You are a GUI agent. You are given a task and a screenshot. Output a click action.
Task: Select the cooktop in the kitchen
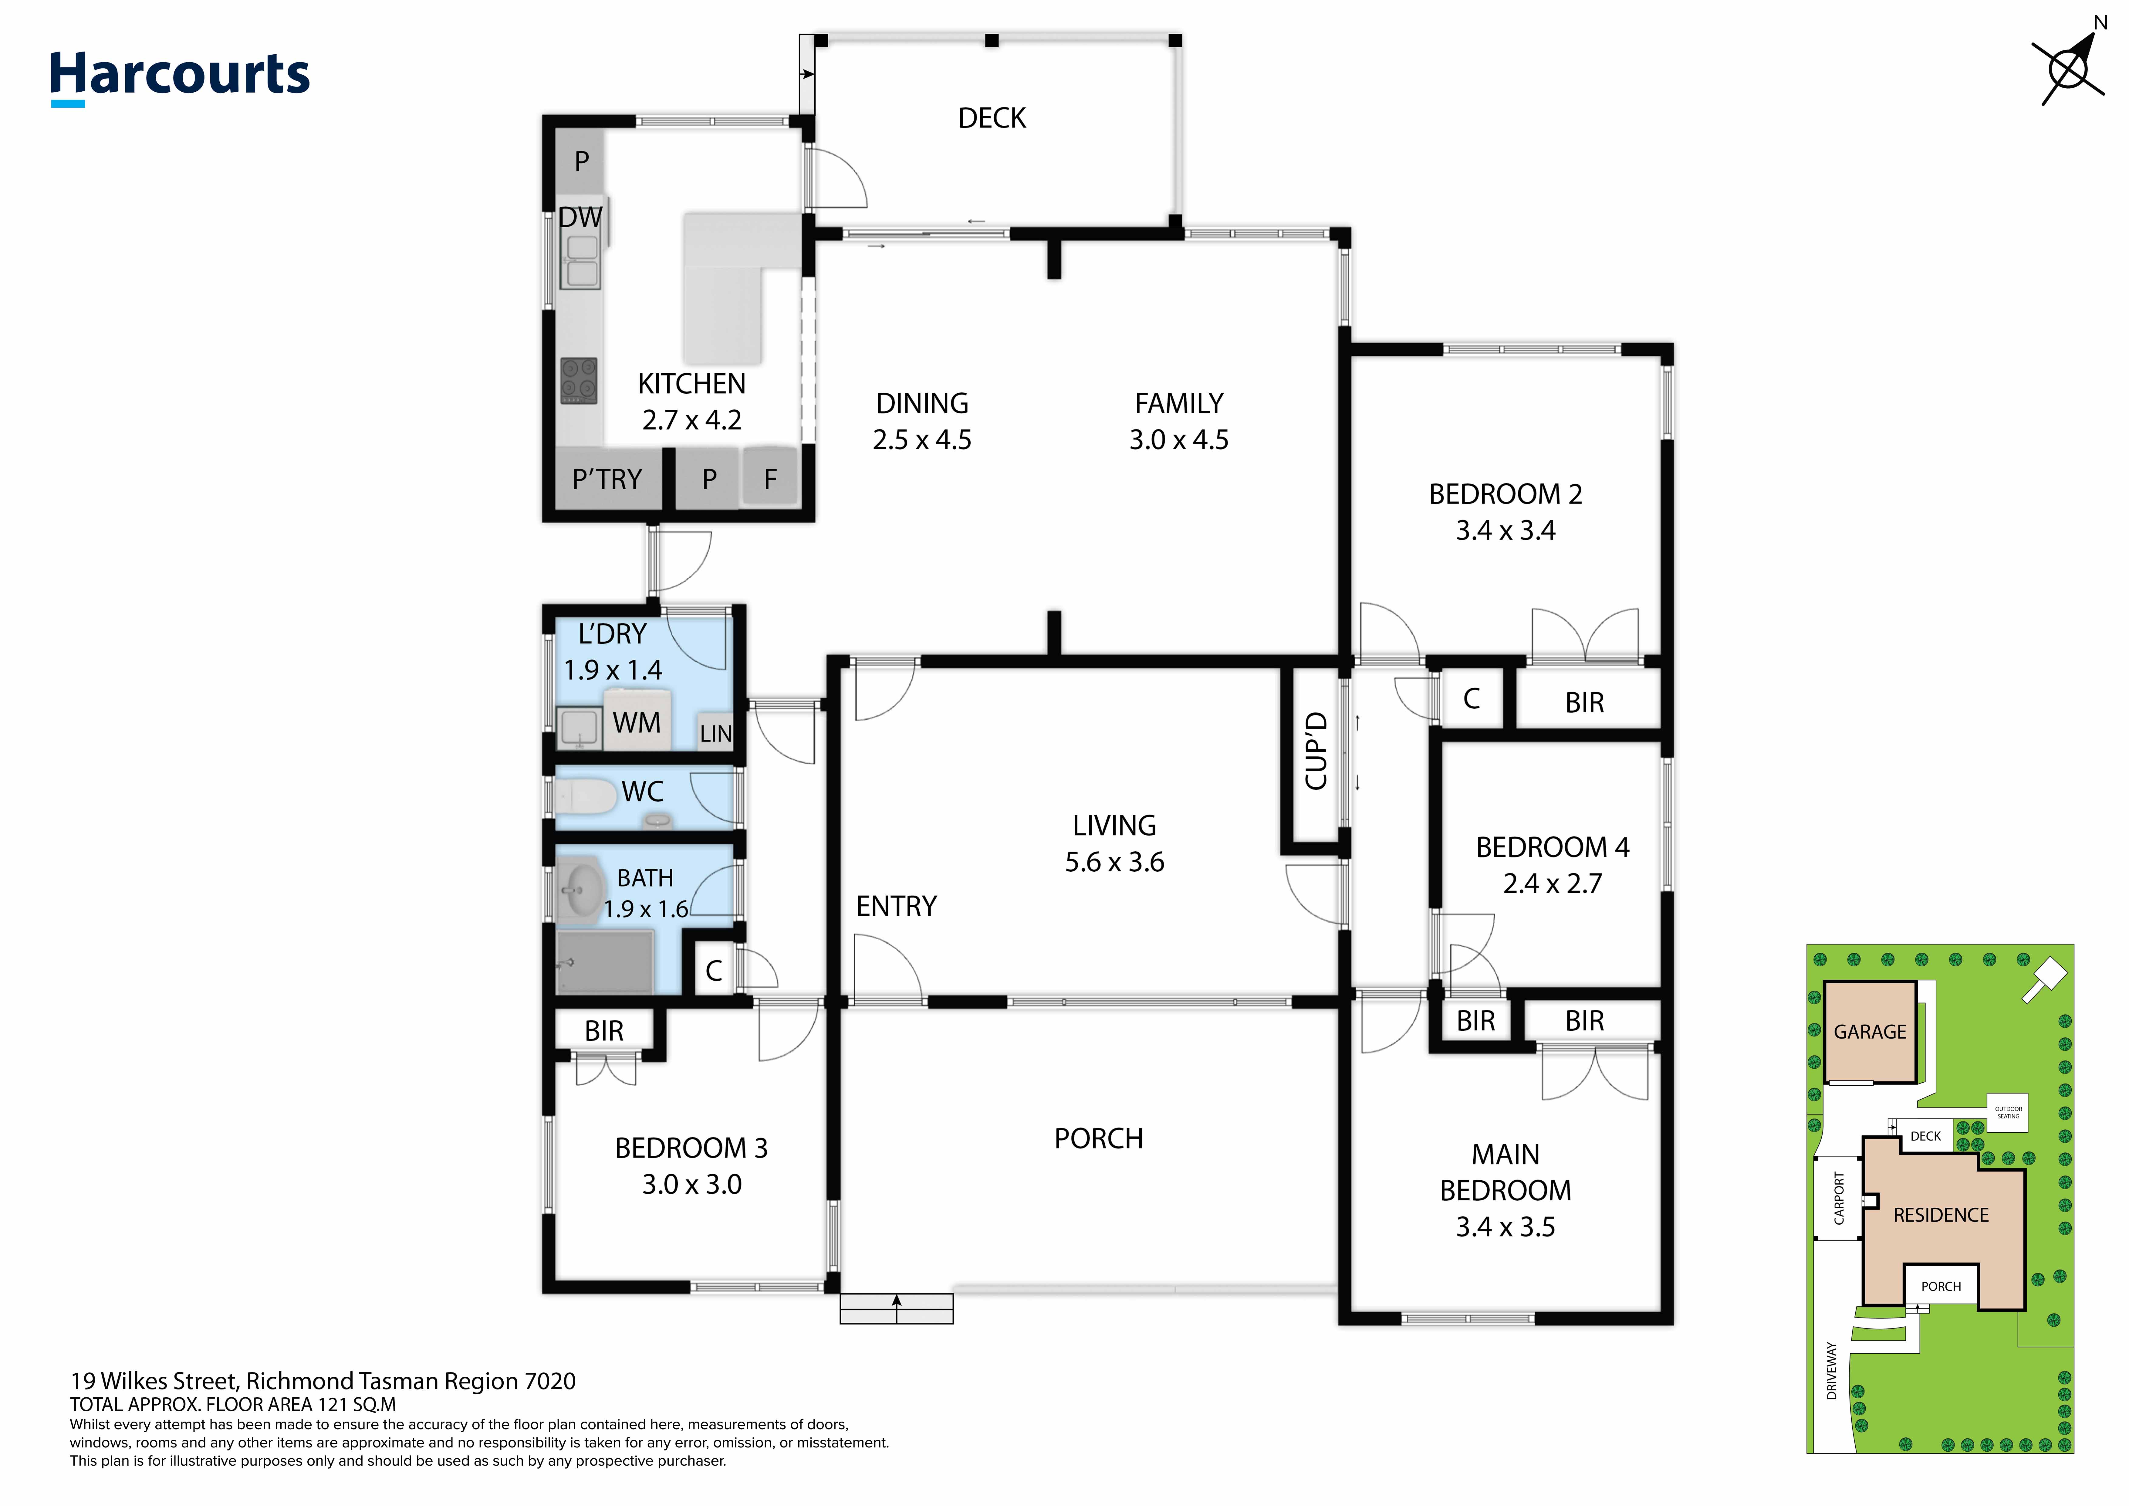point(579,380)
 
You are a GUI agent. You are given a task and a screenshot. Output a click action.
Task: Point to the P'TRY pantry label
point(607,480)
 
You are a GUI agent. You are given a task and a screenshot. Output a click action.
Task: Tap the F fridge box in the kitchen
point(770,479)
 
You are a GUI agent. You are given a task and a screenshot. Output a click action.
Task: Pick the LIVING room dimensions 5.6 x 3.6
point(1115,863)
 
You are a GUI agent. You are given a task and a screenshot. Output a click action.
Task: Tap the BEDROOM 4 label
point(1552,848)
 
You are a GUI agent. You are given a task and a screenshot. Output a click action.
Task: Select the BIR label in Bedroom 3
point(604,1031)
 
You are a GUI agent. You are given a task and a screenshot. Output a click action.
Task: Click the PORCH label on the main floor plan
point(1099,1139)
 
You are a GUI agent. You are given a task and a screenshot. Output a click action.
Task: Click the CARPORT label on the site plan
point(1839,1198)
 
